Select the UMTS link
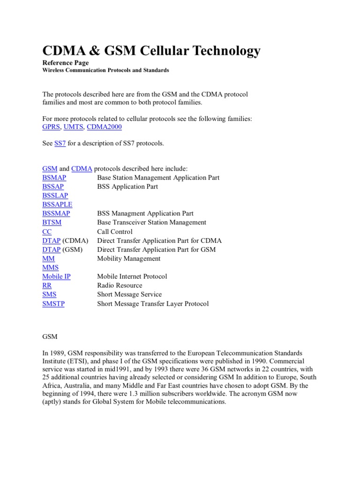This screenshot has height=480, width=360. click(x=73, y=127)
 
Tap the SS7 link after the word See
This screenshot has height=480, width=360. click(x=60, y=143)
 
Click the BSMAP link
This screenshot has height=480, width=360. click(x=54, y=178)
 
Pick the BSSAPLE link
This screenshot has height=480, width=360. click(x=57, y=204)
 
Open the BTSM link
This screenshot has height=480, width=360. click(x=52, y=222)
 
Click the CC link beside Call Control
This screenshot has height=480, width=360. click(x=47, y=232)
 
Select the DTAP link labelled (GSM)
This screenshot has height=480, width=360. click(x=51, y=249)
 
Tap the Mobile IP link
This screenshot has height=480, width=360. click(x=56, y=277)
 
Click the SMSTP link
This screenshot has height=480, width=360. click(x=53, y=304)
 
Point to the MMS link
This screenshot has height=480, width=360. click(x=50, y=268)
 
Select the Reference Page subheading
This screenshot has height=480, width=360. click(x=65, y=62)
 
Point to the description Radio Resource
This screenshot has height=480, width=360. click(x=120, y=285)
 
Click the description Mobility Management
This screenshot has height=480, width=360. click(x=128, y=258)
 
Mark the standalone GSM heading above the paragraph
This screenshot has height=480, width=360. click(x=49, y=335)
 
